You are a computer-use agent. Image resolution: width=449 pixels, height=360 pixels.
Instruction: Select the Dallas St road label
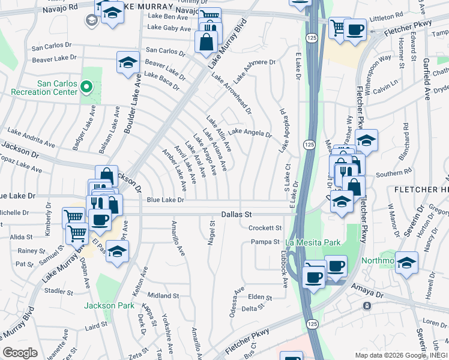[x=236, y=214]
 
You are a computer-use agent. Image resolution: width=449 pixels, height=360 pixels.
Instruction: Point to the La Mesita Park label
[x=313, y=242]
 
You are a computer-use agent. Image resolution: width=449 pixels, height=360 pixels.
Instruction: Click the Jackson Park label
[x=109, y=305]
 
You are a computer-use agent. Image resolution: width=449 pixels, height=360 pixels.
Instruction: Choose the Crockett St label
[x=265, y=228]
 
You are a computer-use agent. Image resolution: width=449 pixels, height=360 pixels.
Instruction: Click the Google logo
[x=20, y=352]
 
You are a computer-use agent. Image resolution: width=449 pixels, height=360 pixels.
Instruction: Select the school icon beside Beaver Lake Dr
[x=128, y=62]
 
